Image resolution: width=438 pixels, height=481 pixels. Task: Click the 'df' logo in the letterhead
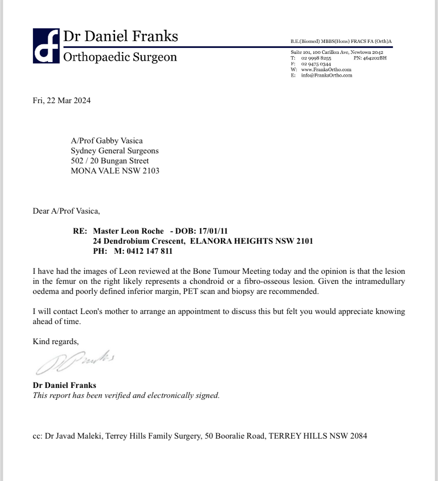coord(46,46)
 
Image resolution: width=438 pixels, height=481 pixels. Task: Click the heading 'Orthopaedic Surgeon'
coord(120,57)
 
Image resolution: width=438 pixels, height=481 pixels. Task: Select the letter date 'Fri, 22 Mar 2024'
coord(62,101)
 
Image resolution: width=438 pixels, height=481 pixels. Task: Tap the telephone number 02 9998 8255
coord(316,58)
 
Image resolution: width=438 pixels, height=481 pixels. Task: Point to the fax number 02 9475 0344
coord(316,64)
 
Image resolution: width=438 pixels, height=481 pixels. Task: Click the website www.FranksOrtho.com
coord(326,70)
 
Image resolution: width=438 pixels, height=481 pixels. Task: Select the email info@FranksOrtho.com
coord(327,75)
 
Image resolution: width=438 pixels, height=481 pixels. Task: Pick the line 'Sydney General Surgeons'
coord(115,151)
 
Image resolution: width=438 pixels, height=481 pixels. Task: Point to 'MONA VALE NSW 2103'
coord(115,171)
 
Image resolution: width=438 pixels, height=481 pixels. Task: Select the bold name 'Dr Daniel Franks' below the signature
coord(65,385)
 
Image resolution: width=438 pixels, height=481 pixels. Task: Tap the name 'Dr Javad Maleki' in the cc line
coord(74,436)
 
